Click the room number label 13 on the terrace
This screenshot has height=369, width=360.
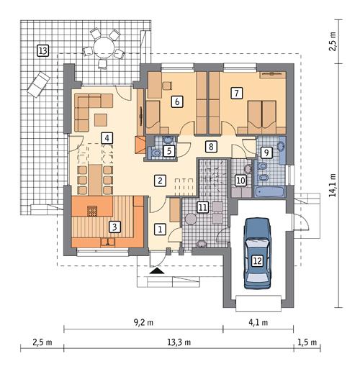(x=43, y=50)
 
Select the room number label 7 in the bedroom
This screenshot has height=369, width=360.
(x=235, y=92)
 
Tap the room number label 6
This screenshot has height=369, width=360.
(x=176, y=102)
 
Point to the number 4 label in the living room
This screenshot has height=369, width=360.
(x=107, y=138)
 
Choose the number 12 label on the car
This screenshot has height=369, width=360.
(x=258, y=260)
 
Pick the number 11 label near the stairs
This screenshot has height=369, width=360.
(x=202, y=208)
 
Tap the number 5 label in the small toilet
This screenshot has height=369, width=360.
(x=168, y=151)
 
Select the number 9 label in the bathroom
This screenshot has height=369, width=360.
(x=266, y=152)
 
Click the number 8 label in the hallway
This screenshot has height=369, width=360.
(x=211, y=147)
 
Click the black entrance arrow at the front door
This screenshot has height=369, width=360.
(x=156, y=271)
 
